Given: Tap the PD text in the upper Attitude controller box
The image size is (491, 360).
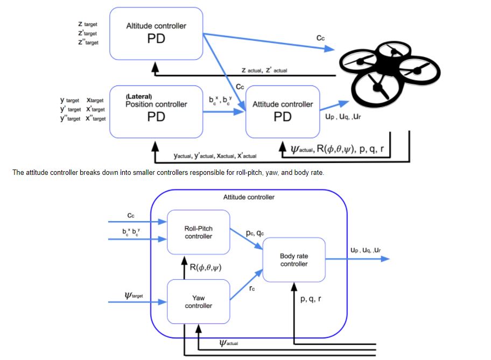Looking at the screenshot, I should [282, 117].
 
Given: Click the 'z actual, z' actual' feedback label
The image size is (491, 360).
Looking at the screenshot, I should [264, 70].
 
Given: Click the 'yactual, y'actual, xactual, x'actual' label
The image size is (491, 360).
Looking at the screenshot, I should [215, 156].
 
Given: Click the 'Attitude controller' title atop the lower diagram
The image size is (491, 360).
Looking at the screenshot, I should [249, 197].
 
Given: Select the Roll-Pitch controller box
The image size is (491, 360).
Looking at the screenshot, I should [198, 232].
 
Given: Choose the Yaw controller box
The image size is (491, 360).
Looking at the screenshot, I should [198, 301].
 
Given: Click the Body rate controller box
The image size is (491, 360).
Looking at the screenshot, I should [294, 260].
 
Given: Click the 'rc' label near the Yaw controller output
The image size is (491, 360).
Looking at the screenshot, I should [251, 288].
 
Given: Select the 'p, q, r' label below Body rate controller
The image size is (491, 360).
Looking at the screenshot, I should [311, 298].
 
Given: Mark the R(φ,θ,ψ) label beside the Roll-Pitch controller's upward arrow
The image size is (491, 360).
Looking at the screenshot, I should [206, 266].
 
